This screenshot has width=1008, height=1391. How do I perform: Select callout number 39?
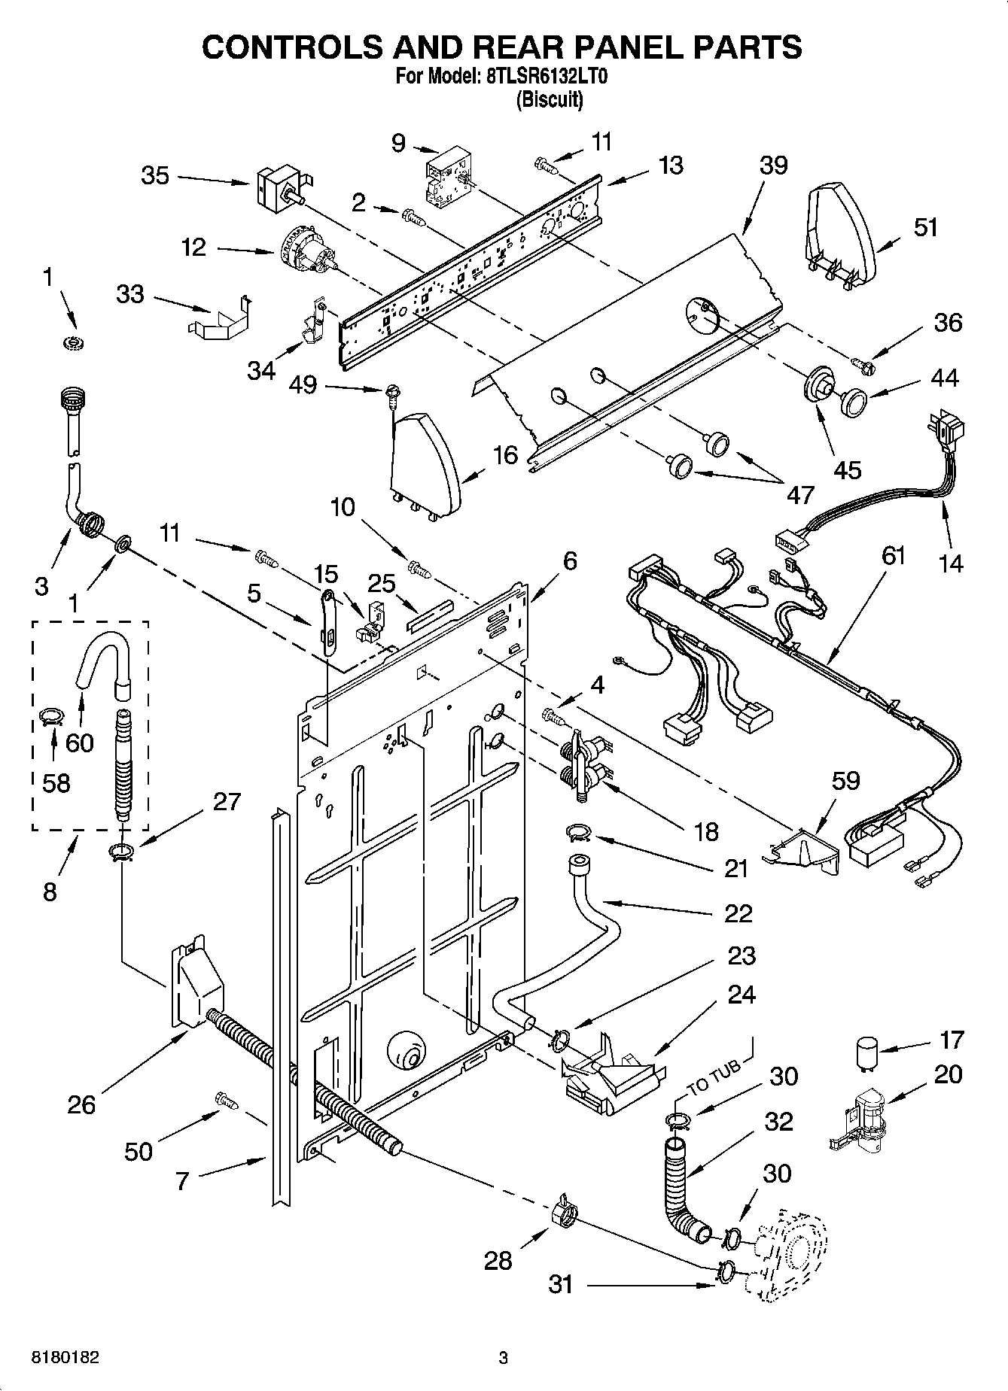click(772, 166)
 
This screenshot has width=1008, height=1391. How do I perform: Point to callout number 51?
click(925, 226)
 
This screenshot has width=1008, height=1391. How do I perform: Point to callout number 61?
click(894, 557)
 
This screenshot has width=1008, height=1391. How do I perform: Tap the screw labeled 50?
click(225, 1101)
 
